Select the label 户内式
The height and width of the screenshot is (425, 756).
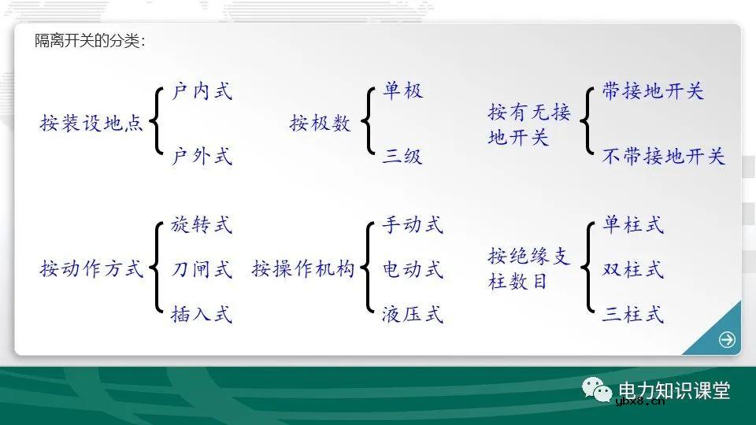coord(202,91)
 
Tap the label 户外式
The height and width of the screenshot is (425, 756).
coord(202,156)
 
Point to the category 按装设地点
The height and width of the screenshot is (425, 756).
coord(92,124)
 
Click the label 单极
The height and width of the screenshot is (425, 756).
coord(403,91)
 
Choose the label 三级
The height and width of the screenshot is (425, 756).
coord(403,156)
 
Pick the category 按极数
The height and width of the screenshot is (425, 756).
coord(321,124)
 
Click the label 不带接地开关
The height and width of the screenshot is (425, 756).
coord(663,156)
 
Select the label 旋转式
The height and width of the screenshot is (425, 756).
coord(202,225)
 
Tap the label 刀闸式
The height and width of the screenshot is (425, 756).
coord(202,270)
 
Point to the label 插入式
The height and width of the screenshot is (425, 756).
coord(202,315)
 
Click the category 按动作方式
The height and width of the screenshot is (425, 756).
coord(92,269)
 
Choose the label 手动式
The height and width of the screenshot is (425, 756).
coord(413,225)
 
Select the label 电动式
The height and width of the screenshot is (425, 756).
coord(413,270)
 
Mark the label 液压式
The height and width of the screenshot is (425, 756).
coord(413,315)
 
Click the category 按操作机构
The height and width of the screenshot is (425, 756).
coord(304,269)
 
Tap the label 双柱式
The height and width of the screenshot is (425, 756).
coord(633,270)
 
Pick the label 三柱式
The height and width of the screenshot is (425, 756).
coord(633,315)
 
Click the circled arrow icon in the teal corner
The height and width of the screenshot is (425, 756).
coord(727,340)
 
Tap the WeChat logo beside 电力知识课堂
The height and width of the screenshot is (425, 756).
coord(597,390)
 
